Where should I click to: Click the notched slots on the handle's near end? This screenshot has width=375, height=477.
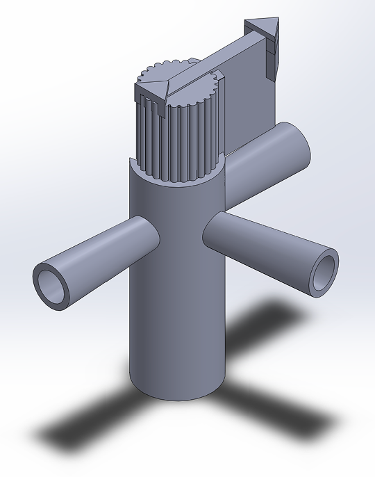[x=147, y=104]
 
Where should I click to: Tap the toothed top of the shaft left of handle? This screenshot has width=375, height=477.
[x=156, y=71]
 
